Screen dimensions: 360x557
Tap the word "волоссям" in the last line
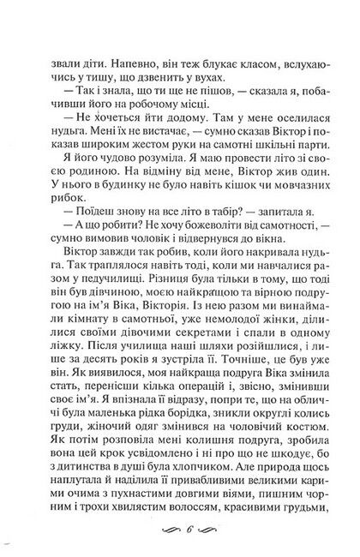(x=170, y=520)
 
